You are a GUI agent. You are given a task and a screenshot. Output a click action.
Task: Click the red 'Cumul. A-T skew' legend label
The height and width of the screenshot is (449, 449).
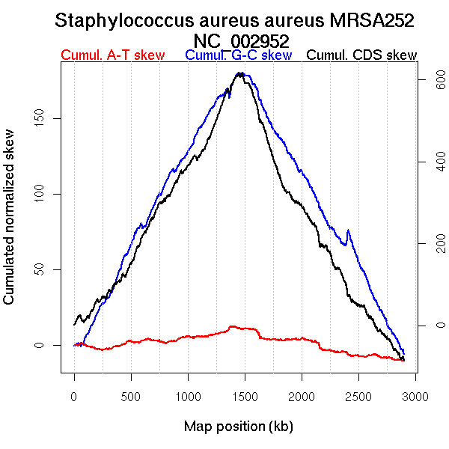[x=112, y=55]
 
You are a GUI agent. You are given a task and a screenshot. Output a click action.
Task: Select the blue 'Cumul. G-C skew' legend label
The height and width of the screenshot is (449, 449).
[x=239, y=55]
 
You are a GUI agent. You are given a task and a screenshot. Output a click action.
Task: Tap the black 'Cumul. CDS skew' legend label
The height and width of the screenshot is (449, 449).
[x=362, y=55]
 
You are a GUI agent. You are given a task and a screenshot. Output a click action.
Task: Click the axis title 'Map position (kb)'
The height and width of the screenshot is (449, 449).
[x=238, y=427]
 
